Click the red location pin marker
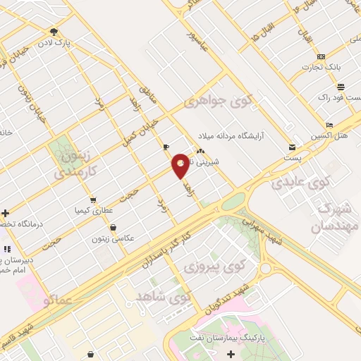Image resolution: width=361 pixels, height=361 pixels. [180, 165]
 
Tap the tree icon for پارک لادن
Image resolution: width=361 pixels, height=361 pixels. [54, 32]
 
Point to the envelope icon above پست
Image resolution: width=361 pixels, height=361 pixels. [292, 147]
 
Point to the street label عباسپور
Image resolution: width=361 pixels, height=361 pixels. [199, 42]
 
